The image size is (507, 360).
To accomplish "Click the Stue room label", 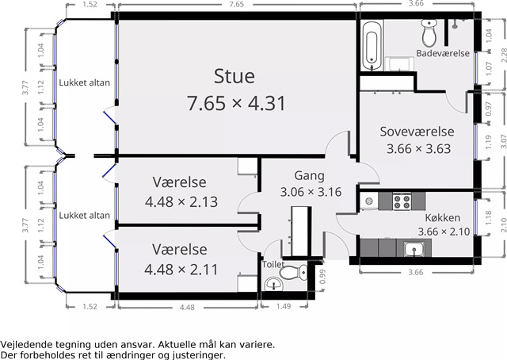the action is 234,76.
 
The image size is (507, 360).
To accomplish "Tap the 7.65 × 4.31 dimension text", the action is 236,103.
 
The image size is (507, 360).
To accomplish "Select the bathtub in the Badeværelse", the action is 372,46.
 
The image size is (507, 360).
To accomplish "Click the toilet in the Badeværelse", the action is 429,33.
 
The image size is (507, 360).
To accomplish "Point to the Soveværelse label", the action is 417,132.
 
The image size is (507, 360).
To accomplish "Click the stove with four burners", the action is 402,201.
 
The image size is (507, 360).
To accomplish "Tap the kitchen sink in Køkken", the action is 414,249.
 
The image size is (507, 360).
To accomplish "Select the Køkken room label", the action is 442,217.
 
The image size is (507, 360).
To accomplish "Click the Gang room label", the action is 309,176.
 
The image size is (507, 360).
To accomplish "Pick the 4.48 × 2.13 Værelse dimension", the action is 181,202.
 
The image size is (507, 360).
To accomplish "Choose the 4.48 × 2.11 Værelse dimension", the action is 181,270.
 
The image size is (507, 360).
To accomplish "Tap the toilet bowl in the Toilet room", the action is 294,272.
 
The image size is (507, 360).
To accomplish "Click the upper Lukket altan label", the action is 85,82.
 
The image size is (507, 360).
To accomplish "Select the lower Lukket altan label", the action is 85,216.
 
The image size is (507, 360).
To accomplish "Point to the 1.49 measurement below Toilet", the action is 284,306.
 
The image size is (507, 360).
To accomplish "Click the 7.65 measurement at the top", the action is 236,4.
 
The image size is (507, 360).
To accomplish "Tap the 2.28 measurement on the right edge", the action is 504,55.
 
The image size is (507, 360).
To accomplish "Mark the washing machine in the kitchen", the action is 369,201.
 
